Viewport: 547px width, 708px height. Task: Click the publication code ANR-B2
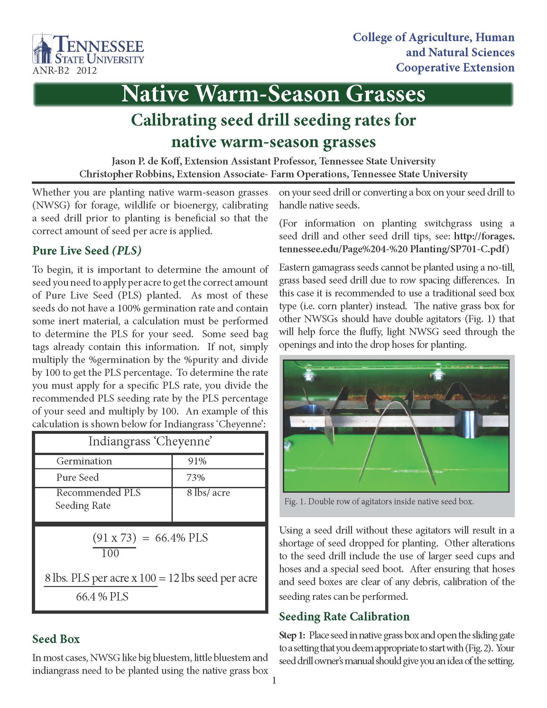coord(51,70)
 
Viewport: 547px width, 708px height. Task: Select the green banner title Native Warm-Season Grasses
coord(273,94)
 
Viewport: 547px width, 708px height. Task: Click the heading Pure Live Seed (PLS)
coord(87,251)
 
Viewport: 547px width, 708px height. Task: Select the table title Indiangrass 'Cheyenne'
coord(150,441)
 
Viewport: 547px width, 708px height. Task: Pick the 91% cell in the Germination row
coord(197,461)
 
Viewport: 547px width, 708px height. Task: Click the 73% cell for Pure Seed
coord(195,477)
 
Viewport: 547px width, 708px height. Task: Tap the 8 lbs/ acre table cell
coord(209,493)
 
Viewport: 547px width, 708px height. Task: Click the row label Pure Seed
coord(78,477)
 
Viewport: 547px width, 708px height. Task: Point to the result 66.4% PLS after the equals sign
coord(181,538)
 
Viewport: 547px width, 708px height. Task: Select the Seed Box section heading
coord(56,639)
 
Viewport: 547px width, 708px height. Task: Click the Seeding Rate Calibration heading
coord(344,616)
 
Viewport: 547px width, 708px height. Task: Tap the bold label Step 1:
coord(291,635)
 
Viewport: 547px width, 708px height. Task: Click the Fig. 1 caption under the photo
coord(379,501)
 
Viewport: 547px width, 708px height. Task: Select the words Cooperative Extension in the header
coord(455,68)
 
